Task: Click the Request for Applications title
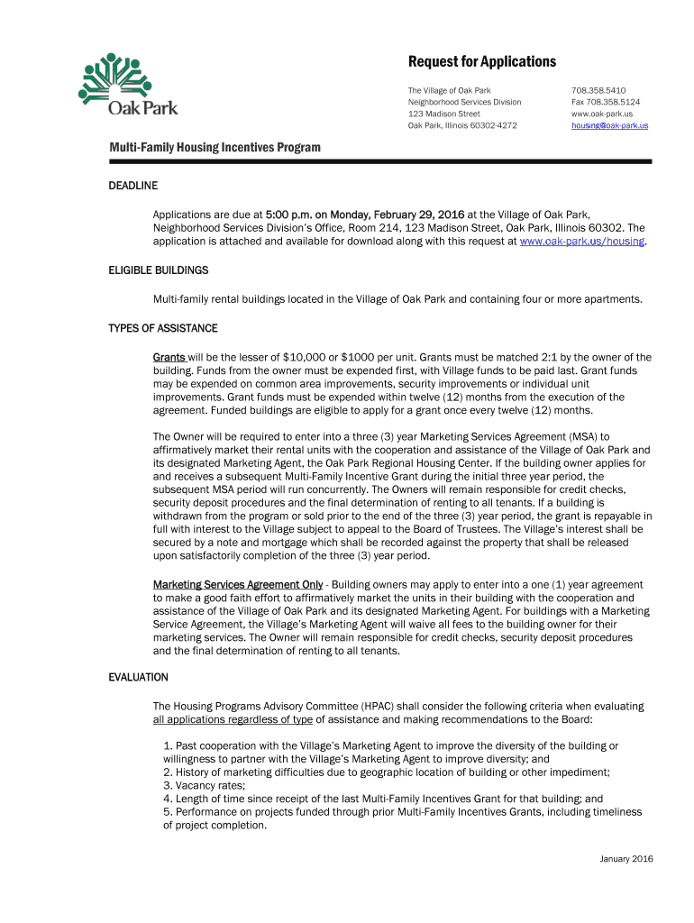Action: tap(481, 62)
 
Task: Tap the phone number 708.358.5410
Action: tap(598, 91)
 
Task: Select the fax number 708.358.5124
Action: tap(605, 103)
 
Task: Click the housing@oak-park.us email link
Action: tap(609, 126)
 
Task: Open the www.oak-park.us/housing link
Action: tap(582, 242)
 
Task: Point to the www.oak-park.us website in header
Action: tap(601, 114)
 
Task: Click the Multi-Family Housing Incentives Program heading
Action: tap(215, 147)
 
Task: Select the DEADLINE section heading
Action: tap(132, 186)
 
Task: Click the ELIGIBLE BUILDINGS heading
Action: tap(158, 270)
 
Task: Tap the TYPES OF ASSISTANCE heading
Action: tap(162, 328)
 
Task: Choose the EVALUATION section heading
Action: tap(138, 677)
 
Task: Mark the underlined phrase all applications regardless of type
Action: tap(233, 719)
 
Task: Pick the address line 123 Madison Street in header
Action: tap(443, 114)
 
